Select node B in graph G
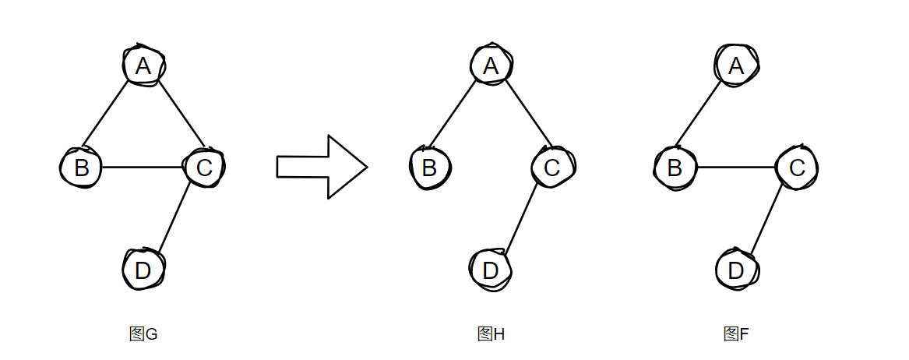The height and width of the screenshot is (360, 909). tap(81, 167)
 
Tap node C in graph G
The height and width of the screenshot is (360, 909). tap(203, 167)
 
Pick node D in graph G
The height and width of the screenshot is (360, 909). tap(143, 270)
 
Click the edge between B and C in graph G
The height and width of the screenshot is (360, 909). tap(142, 168)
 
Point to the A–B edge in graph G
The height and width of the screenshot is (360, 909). tap(105, 114)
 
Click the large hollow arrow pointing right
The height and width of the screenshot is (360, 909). tap(321, 167)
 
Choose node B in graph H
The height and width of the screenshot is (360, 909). tap(429, 167)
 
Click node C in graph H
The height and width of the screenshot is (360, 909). tap(552, 167)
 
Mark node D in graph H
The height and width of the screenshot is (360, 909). tap(491, 270)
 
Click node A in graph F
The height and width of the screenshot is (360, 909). tap(736, 65)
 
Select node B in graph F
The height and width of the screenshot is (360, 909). tap(675, 167)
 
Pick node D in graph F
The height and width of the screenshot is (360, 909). tap(736, 270)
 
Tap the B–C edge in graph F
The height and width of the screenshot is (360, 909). tap(736, 168)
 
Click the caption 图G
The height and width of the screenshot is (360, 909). tap(143, 334)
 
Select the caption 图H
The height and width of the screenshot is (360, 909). tap(491, 334)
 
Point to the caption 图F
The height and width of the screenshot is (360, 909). tap(736, 334)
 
